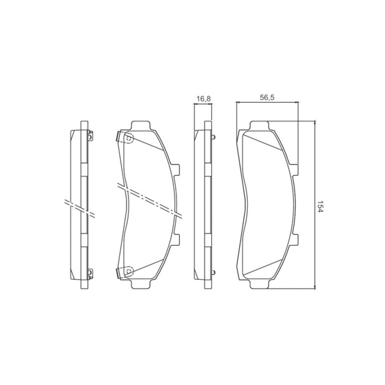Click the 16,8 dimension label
coord(203,98)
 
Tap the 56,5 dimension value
coord(267,98)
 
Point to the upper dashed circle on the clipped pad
coord(129,138)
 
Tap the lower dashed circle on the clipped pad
coord(129,271)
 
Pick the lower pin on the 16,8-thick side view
coord(213,272)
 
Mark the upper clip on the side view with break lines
coord(90,135)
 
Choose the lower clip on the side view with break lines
coord(90,273)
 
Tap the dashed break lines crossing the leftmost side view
coord(80,208)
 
